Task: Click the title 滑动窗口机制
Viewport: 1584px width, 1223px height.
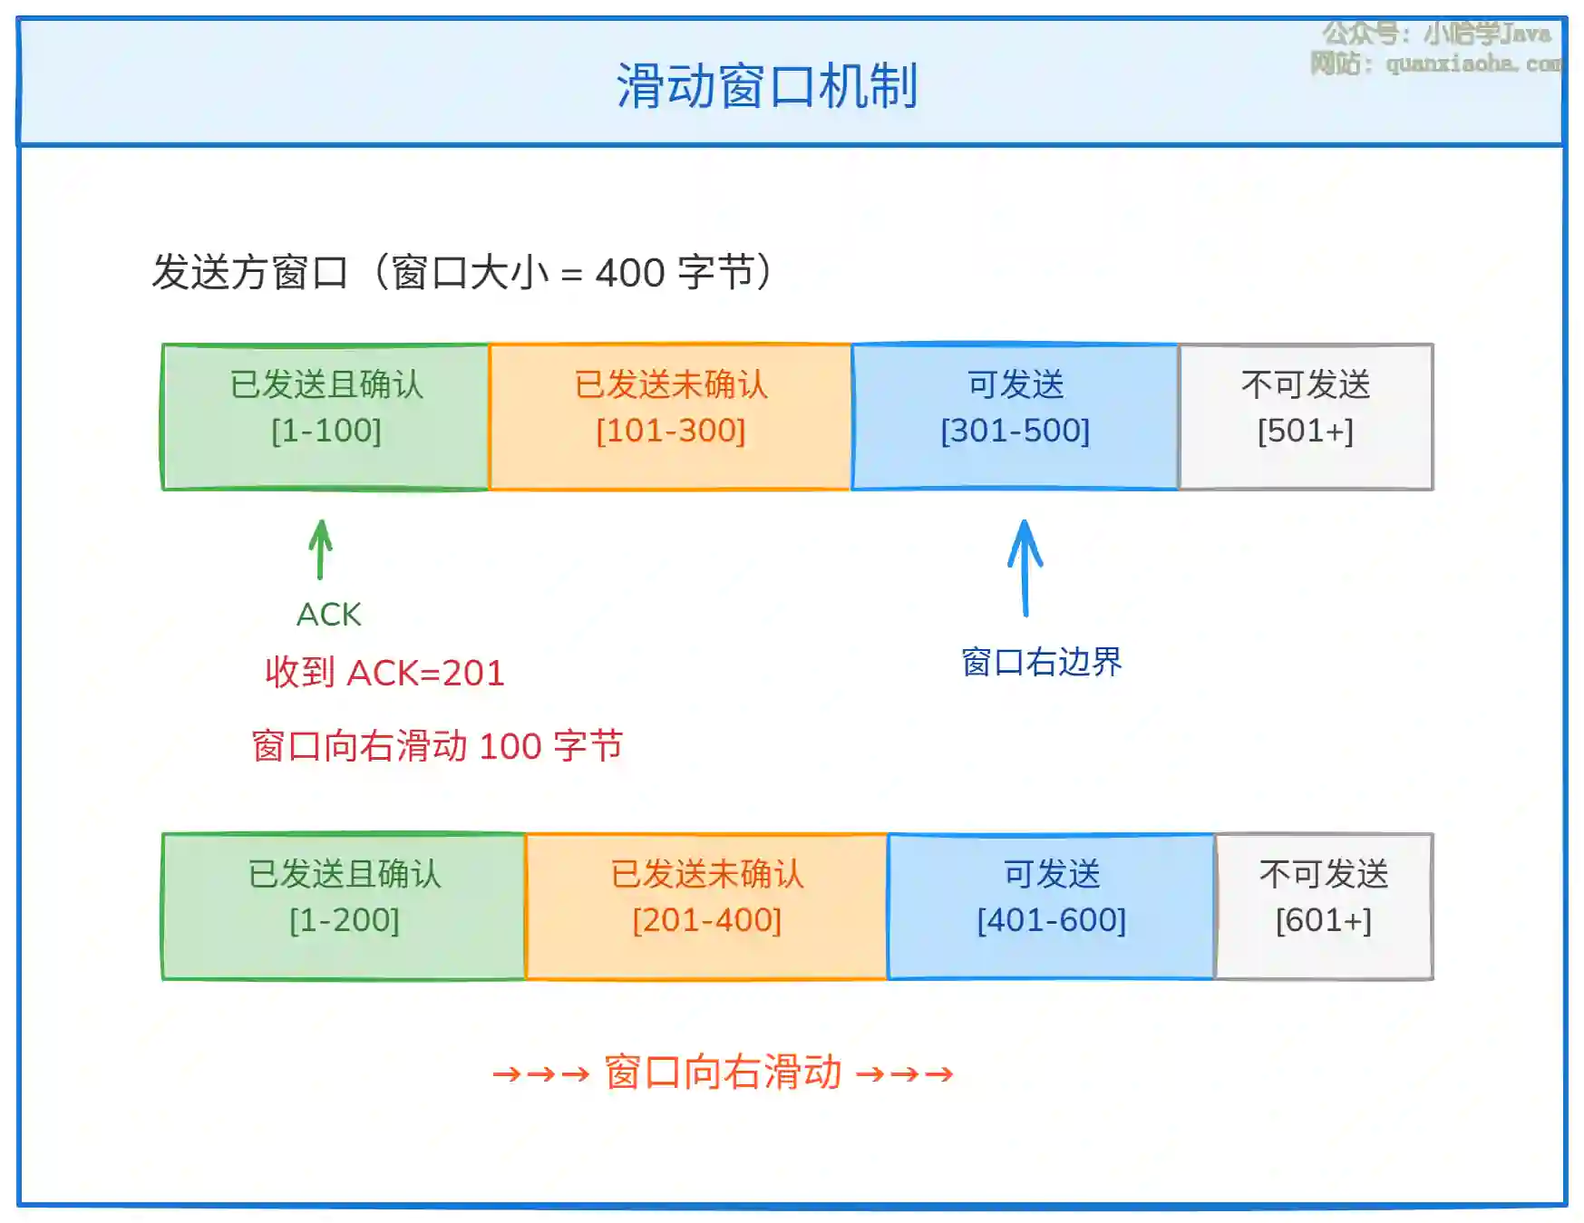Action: point(767,86)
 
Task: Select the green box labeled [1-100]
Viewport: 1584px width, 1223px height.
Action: point(326,417)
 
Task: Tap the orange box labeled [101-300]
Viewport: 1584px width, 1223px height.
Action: point(670,417)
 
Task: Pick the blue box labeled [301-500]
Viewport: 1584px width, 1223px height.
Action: point(1015,417)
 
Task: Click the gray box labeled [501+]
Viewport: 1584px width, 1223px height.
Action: point(1306,417)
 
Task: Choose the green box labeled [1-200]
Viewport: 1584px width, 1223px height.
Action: point(344,907)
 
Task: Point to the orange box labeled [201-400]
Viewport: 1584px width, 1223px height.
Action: point(706,907)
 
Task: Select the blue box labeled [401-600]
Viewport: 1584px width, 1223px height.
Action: point(1051,907)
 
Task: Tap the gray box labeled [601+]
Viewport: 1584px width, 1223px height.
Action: point(1324,907)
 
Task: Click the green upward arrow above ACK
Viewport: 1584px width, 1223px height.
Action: point(320,549)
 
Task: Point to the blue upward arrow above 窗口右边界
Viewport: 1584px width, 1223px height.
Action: point(1025,568)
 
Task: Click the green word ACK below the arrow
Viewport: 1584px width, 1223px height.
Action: point(328,615)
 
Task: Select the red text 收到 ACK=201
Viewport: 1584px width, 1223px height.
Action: point(384,673)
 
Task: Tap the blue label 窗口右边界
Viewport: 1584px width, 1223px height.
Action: point(1042,662)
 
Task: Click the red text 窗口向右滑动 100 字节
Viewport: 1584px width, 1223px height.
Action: point(437,746)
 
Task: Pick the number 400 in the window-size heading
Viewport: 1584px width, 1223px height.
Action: point(629,273)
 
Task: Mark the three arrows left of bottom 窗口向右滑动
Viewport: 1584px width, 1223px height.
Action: point(541,1074)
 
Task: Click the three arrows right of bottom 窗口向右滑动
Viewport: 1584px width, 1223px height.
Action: point(905,1074)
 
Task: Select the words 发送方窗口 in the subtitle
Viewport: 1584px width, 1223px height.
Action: point(250,272)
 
